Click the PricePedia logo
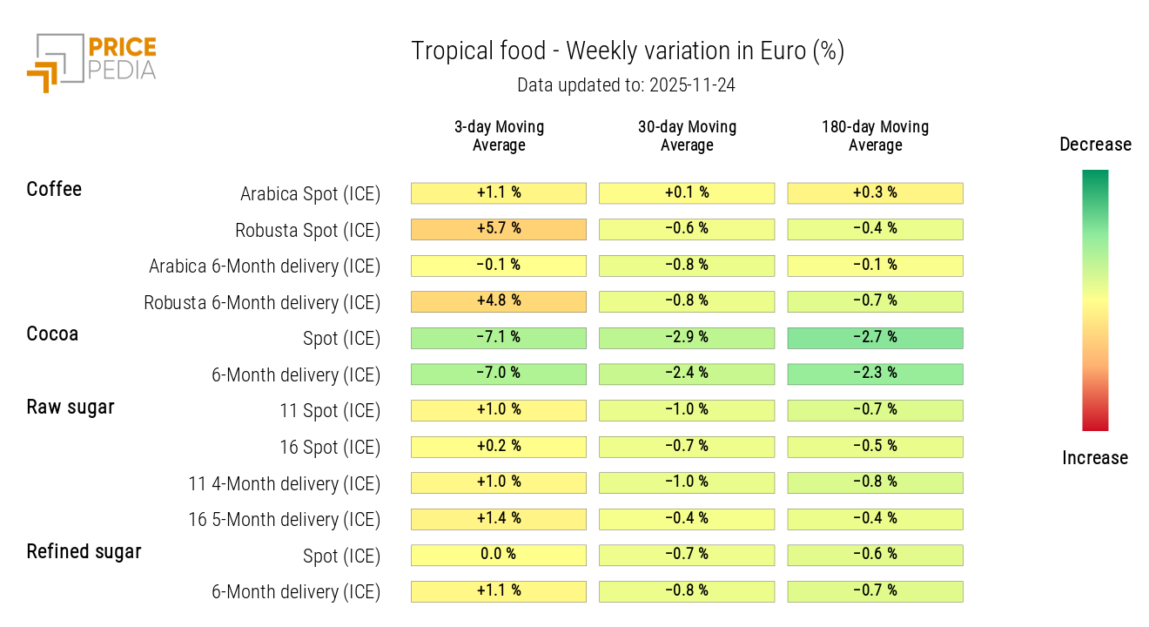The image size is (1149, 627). pyautogui.click(x=91, y=61)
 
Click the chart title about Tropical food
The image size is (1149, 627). pyautogui.click(x=627, y=51)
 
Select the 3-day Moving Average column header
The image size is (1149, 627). pyautogui.click(x=499, y=136)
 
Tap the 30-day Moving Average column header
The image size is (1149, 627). pyautogui.click(x=687, y=136)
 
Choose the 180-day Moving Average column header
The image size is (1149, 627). pyautogui.click(x=875, y=136)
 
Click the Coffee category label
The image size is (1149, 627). pyautogui.click(x=54, y=189)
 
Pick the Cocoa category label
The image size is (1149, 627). pyautogui.click(x=52, y=334)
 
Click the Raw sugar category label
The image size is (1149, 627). pyautogui.click(x=71, y=407)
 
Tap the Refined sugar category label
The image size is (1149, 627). pyautogui.click(x=84, y=551)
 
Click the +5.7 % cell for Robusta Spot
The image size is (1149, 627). pyautogui.click(x=499, y=229)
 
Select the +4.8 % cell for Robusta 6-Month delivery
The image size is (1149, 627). pyautogui.click(x=499, y=301)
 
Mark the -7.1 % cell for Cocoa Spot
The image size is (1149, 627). pyautogui.click(x=499, y=338)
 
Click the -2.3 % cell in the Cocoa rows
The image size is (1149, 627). pyautogui.click(x=875, y=374)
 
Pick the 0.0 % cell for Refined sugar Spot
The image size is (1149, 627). pyautogui.click(x=499, y=555)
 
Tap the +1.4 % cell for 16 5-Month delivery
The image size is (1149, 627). pyautogui.click(x=499, y=519)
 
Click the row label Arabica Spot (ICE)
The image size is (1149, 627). pyautogui.click(x=310, y=194)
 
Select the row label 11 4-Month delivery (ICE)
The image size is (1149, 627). pyautogui.click(x=285, y=483)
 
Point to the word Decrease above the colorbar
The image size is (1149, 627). pyautogui.click(x=1095, y=145)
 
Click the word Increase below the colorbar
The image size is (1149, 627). pyautogui.click(x=1095, y=458)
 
